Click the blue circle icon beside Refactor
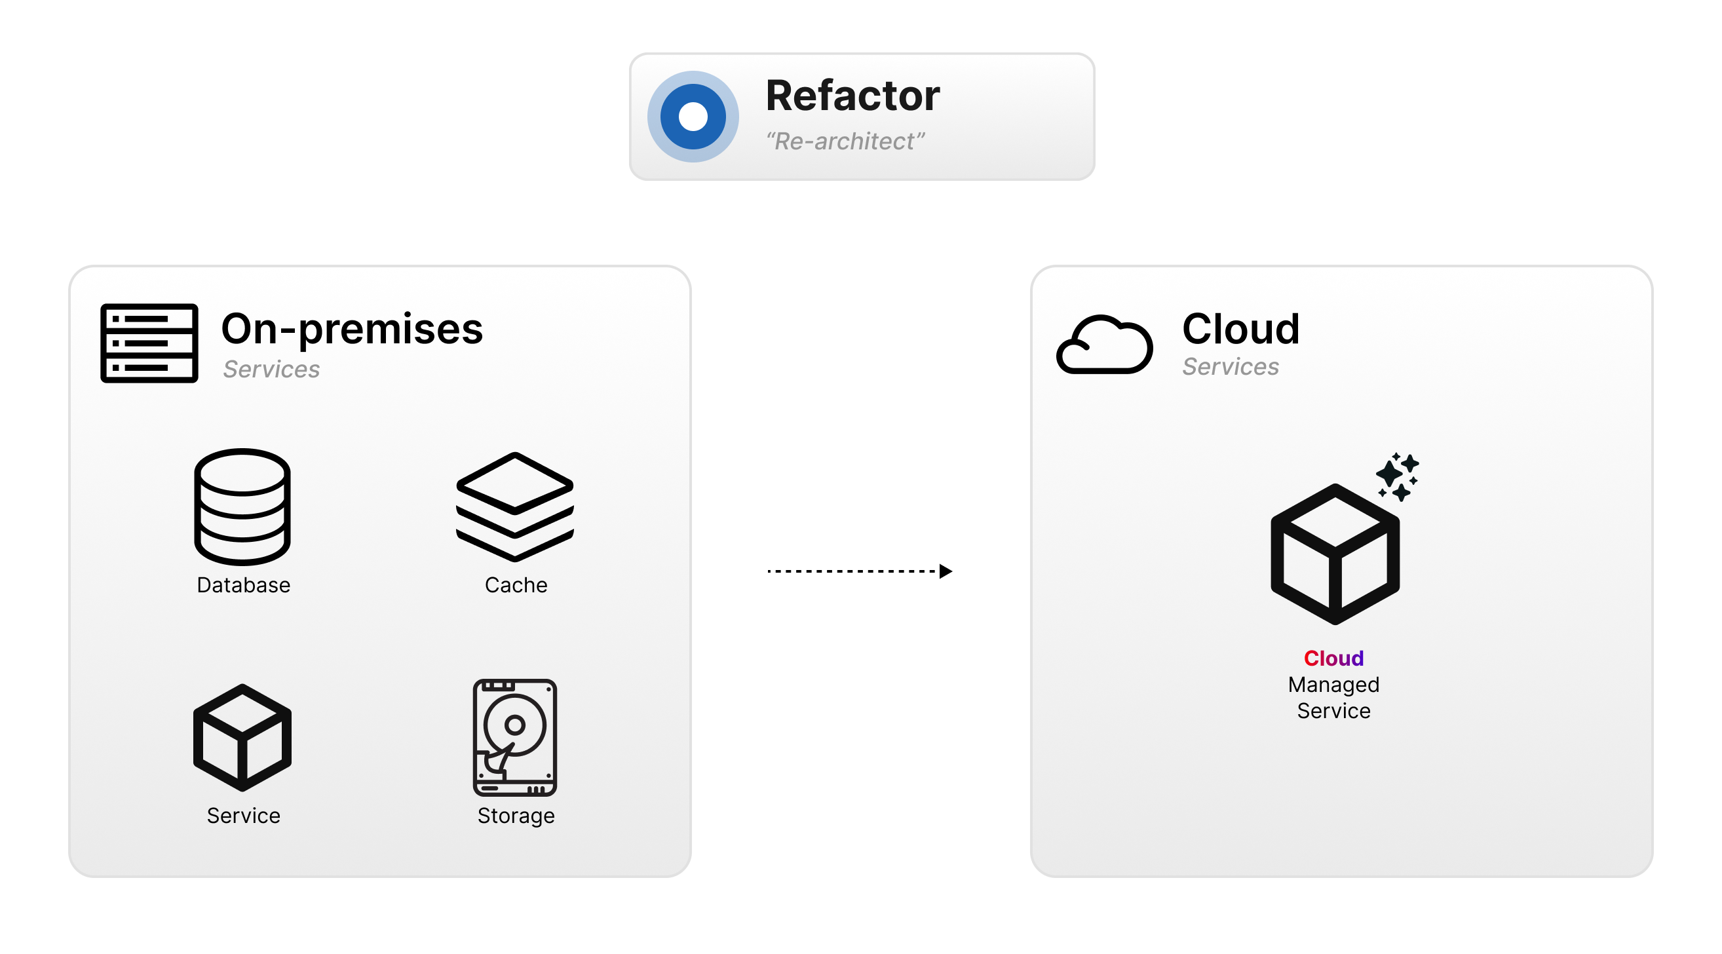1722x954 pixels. (x=693, y=117)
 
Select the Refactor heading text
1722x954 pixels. (x=852, y=96)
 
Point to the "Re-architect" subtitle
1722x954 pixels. (x=845, y=142)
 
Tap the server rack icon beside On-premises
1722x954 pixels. (x=149, y=343)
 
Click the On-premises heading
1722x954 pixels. (x=352, y=329)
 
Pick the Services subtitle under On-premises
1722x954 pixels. (x=271, y=369)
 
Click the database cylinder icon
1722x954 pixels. (x=242, y=506)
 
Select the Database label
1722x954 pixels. (x=243, y=585)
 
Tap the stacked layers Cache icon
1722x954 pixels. (x=515, y=506)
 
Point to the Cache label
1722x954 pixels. (x=516, y=585)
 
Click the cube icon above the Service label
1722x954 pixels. (x=242, y=737)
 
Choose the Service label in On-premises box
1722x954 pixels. (x=243, y=816)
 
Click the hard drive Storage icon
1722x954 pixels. (x=515, y=737)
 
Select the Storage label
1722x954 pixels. (x=516, y=816)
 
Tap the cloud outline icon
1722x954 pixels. (x=1104, y=344)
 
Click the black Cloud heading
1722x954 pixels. (x=1240, y=329)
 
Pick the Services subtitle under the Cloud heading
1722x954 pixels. (x=1230, y=366)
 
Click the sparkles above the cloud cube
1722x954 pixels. (x=1397, y=476)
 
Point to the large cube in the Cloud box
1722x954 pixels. (x=1335, y=554)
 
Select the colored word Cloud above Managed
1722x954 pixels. (x=1333, y=658)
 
